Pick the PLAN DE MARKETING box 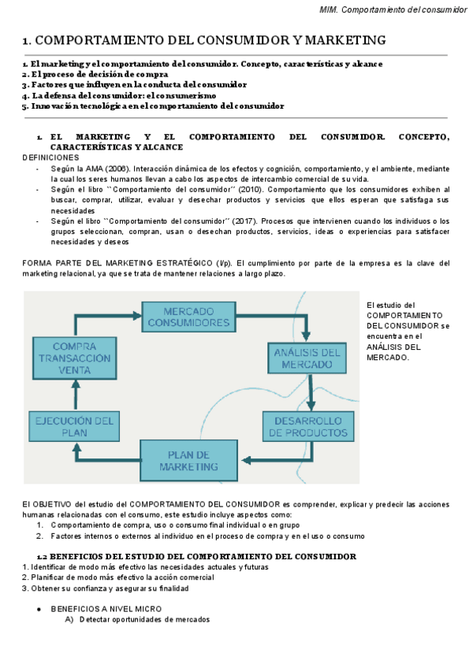click(188, 461)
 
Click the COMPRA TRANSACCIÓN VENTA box click(76, 358)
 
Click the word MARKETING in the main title click(336, 39)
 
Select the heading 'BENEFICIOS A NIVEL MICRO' click(106, 609)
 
